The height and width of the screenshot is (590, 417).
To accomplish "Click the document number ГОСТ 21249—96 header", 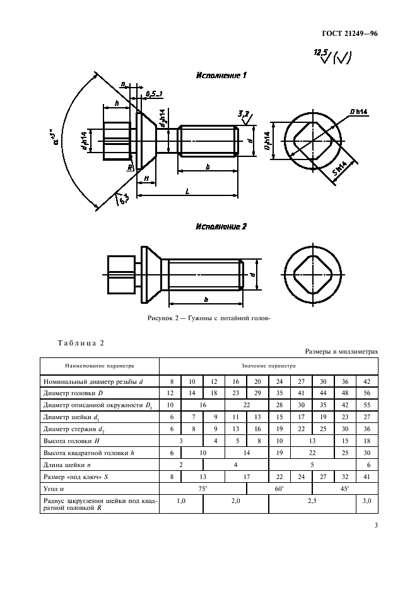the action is tap(349, 33).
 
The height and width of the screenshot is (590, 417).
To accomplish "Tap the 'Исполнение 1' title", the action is tap(221, 75).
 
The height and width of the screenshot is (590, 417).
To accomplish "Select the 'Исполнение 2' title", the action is tap(221, 226).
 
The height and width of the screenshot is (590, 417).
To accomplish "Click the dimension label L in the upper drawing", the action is tap(187, 191).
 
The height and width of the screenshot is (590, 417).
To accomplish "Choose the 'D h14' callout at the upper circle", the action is tap(359, 112).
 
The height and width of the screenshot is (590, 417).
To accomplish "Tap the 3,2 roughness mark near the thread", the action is tap(244, 117).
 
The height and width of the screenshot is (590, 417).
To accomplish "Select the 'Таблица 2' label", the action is tap(80, 343).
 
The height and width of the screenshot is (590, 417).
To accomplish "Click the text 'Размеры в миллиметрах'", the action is tap(341, 352).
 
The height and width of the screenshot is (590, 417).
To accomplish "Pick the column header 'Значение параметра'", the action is tap(269, 366).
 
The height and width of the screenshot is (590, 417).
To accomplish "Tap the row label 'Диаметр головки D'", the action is tap(73, 393).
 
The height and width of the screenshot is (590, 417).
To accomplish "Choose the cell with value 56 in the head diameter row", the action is tap(367, 393).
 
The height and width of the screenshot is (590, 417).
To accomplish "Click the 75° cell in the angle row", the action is tap(203, 489).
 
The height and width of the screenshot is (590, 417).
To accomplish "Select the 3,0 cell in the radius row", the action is tap(367, 501).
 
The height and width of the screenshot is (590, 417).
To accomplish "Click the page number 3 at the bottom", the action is tap(376, 525).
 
